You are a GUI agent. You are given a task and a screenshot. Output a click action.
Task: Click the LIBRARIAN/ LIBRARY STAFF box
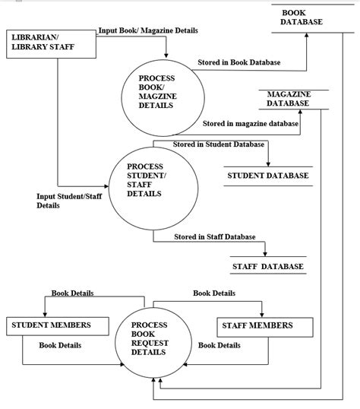(x=51, y=44)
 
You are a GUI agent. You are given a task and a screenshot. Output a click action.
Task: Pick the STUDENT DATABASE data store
(x=268, y=176)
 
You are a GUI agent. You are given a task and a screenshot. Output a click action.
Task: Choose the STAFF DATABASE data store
(x=267, y=266)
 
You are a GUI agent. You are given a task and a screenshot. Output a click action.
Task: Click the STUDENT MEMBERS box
(x=52, y=325)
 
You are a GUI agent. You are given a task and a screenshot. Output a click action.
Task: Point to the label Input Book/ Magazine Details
(x=148, y=31)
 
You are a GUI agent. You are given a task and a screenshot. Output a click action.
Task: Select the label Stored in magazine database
(x=251, y=122)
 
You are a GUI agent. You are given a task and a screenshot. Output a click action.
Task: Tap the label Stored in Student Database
(x=219, y=144)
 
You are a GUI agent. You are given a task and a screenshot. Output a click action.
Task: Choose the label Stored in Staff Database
(x=215, y=236)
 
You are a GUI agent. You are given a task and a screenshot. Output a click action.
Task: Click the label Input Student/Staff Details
(x=69, y=201)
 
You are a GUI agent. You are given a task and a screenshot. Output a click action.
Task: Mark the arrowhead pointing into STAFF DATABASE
(x=265, y=253)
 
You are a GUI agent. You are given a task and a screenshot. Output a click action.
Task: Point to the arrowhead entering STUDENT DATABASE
(x=268, y=163)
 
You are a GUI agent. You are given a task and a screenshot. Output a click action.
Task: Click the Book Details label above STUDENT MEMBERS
(x=72, y=293)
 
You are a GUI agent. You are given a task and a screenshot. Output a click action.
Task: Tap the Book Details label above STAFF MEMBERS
(x=213, y=293)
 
